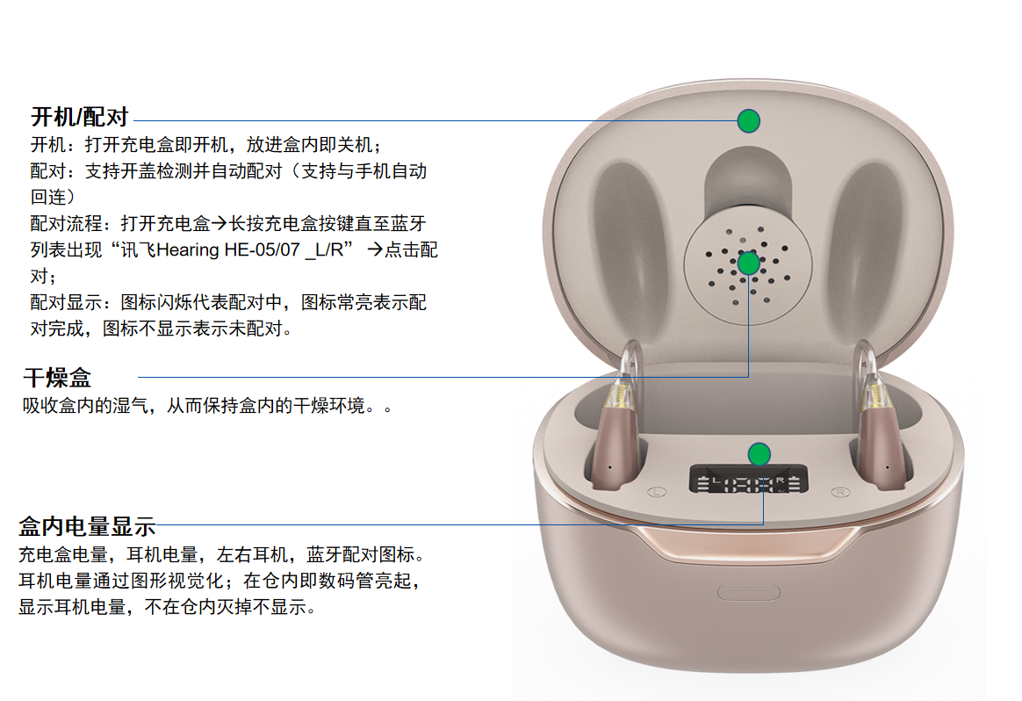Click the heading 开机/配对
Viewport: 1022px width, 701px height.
coord(80,118)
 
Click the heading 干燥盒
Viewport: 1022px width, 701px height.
coord(57,378)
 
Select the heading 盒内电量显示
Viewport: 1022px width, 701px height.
coord(87,525)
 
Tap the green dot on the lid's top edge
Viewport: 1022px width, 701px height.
coord(749,120)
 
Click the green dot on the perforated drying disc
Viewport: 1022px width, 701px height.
coord(748,263)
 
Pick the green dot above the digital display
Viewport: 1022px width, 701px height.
coord(759,454)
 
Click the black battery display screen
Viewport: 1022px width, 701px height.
coord(749,480)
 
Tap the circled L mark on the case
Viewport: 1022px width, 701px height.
coord(657,492)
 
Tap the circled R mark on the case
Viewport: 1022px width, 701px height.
coord(840,492)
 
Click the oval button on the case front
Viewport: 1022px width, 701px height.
coord(749,592)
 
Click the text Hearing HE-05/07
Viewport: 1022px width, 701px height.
coord(228,249)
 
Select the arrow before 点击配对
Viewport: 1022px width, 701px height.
coord(375,249)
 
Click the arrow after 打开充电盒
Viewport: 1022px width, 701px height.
coord(219,224)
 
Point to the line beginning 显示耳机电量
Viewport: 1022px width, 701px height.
coord(167,607)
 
